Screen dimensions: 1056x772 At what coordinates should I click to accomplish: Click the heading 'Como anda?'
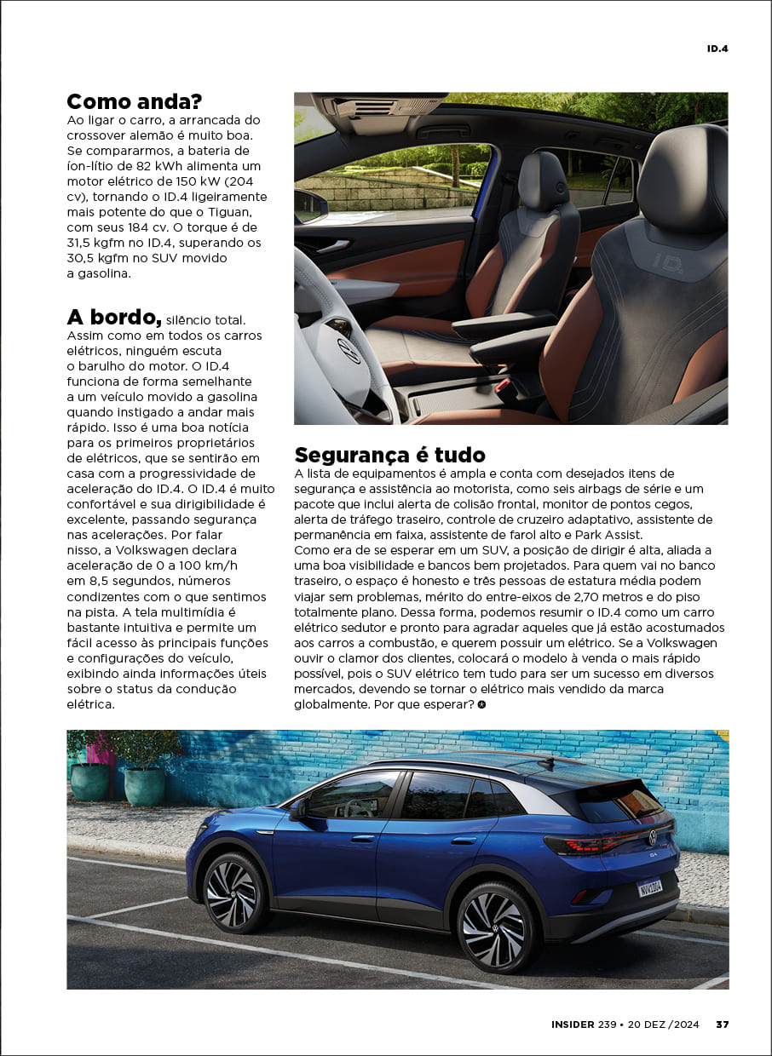pos(134,102)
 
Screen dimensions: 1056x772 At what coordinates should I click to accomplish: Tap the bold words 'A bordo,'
pos(114,318)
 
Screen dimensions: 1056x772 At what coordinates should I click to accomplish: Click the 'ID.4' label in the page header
pos(717,49)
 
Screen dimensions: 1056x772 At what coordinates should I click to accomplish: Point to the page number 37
pos(722,1024)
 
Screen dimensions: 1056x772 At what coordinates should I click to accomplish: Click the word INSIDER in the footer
pos(573,1024)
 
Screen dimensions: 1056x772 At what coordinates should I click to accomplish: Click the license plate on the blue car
pos(650,887)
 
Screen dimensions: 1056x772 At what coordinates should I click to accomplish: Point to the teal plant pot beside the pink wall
pos(89,781)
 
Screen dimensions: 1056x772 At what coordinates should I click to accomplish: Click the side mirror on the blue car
pos(298,809)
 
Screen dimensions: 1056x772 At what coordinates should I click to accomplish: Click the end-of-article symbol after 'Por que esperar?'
pos(481,705)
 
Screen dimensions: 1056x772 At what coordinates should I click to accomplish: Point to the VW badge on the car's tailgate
pos(653,837)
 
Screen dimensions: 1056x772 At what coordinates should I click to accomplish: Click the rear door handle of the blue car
pos(464,841)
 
